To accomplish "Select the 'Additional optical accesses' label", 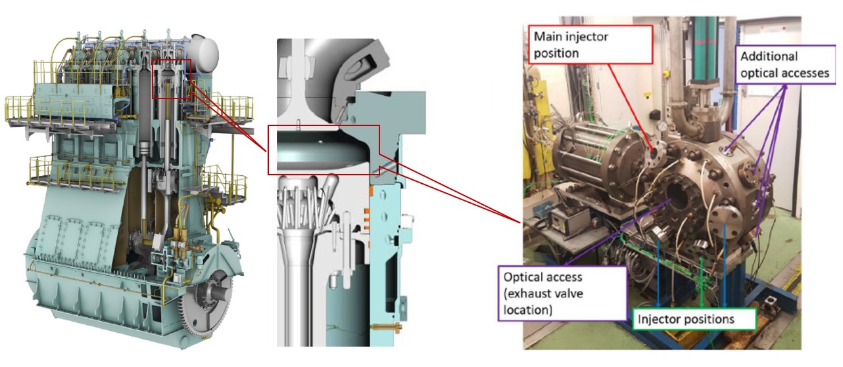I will point(784,65).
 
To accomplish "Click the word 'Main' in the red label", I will point(548,37).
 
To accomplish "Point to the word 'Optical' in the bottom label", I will point(525,276).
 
